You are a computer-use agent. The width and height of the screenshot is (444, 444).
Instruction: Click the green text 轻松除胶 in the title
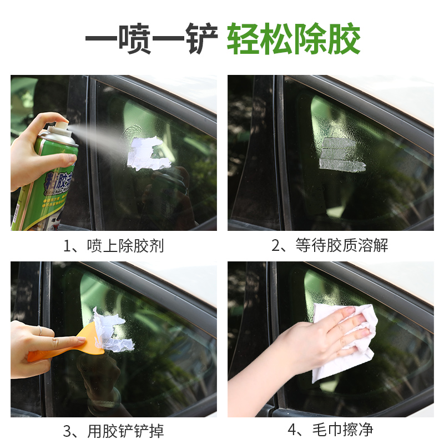tap(294, 39)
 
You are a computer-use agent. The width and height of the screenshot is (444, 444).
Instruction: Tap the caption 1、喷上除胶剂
tap(113, 246)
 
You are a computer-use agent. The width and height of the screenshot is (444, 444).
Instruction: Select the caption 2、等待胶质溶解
tap(330, 246)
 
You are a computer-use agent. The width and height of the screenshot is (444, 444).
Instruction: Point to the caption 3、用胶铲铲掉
tap(113, 431)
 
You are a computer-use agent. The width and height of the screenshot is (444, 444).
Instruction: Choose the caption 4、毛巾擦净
tap(330, 431)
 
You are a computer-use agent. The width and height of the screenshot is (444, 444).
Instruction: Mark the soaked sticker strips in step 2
tap(341, 154)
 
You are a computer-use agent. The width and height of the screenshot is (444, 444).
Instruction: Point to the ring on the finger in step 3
tap(39, 331)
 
